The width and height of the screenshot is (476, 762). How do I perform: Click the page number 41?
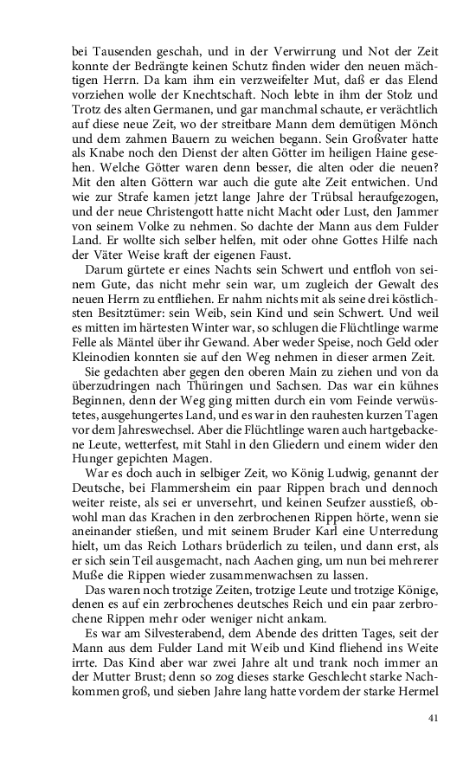pyautogui.click(x=433, y=718)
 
